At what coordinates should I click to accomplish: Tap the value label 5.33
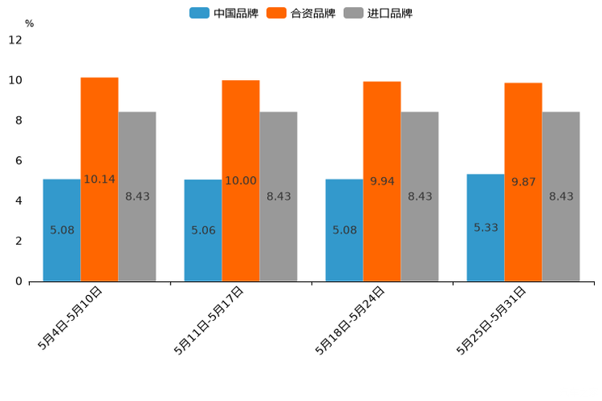pyautogui.click(x=485, y=228)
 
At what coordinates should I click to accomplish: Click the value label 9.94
pyautogui.click(x=382, y=181)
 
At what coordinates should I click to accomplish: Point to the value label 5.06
pyautogui.click(x=203, y=230)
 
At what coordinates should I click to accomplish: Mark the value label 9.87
pyautogui.click(x=524, y=182)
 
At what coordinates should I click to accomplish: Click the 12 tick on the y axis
pyautogui.click(x=15, y=40)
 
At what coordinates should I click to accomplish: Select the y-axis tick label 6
pyautogui.click(x=19, y=161)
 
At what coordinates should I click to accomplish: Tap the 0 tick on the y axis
pyautogui.click(x=19, y=281)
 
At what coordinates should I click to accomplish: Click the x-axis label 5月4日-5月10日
pyautogui.click(x=70, y=318)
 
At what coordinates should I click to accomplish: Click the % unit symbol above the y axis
pyautogui.click(x=29, y=23)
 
